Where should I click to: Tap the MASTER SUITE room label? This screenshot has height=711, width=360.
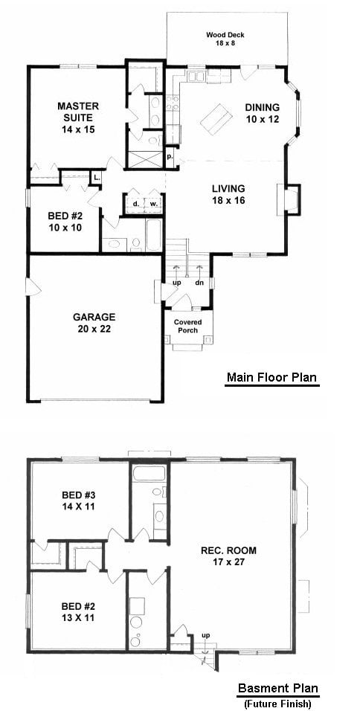pyautogui.click(x=78, y=118)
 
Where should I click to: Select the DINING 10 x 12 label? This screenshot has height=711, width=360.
pyautogui.click(x=262, y=113)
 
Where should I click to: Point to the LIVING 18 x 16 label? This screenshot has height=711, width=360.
pyautogui.click(x=228, y=193)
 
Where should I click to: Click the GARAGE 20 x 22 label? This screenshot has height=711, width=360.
pyautogui.click(x=95, y=323)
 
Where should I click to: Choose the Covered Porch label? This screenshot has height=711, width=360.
pyautogui.click(x=187, y=326)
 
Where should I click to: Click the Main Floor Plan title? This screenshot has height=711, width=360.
pyautogui.click(x=271, y=377)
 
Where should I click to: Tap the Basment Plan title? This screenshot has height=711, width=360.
pyautogui.click(x=278, y=689)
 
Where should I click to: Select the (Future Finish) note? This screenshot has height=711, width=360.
pyautogui.click(x=278, y=704)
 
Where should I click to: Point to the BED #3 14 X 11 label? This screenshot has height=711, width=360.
pyautogui.click(x=78, y=500)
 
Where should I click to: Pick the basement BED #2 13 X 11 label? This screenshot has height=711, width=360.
pyautogui.click(x=78, y=611)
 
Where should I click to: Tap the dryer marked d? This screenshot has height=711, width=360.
pyautogui.click(x=135, y=204)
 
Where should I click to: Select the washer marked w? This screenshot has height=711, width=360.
pyautogui.click(x=154, y=204)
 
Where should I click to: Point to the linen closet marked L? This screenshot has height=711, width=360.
pyautogui.click(x=97, y=177)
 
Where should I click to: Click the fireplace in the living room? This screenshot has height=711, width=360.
pyautogui.click(x=289, y=199)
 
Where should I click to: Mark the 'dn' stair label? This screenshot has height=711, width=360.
pyautogui.click(x=199, y=283)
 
